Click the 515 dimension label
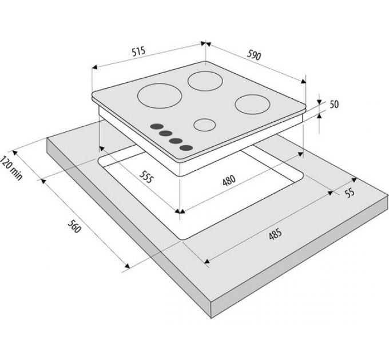tap(138, 51)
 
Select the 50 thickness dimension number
tap(335, 104)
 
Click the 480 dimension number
tap(228, 182)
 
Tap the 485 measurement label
tap(275, 235)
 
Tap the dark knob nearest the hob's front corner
tap(185, 148)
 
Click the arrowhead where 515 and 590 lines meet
tap(206, 42)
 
